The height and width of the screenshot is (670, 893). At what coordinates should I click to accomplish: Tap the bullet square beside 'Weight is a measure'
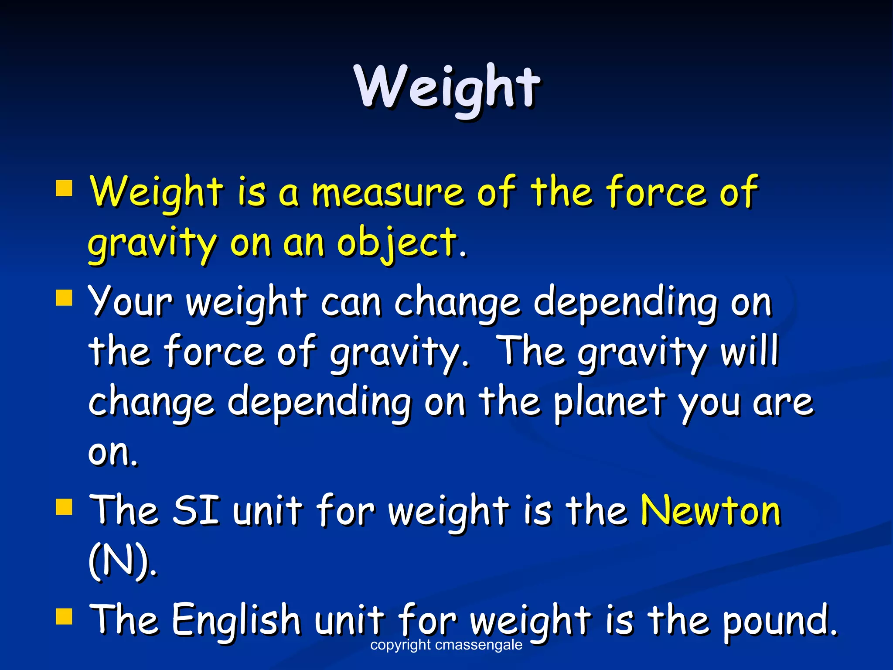pyautogui.click(x=64, y=189)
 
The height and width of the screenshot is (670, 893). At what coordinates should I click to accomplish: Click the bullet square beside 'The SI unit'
pyautogui.click(x=64, y=507)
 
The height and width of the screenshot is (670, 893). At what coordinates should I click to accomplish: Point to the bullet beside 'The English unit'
pyautogui.click(x=64, y=617)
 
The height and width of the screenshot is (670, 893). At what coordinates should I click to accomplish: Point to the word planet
pyautogui.click(x=610, y=402)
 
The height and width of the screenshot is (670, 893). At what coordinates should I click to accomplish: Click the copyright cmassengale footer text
pyautogui.click(x=446, y=645)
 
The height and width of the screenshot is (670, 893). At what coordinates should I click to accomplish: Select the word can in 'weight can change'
pyautogui.click(x=351, y=302)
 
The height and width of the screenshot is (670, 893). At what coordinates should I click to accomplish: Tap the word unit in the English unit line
pyautogui.click(x=350, y=619)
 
